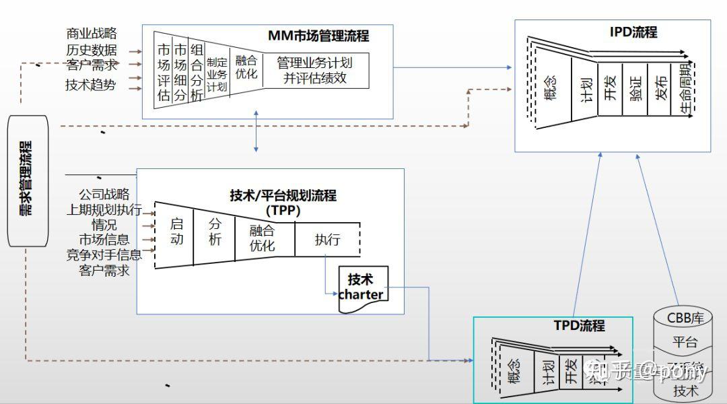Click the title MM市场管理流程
point(318,36)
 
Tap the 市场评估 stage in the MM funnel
point(163,72)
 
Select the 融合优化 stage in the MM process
point(246,67)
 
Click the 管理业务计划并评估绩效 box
point(315,70)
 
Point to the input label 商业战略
point(91,33)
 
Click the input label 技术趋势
point(90,85)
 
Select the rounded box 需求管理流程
point(28,180)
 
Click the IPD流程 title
point(633,32)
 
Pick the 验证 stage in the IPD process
point(635,88)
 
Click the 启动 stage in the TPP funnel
point(176,232)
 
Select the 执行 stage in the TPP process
point(327,240)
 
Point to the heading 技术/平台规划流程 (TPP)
point(283,203)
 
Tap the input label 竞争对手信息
point(104,255)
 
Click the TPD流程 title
point(579,326)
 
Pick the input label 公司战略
point(104,194)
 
